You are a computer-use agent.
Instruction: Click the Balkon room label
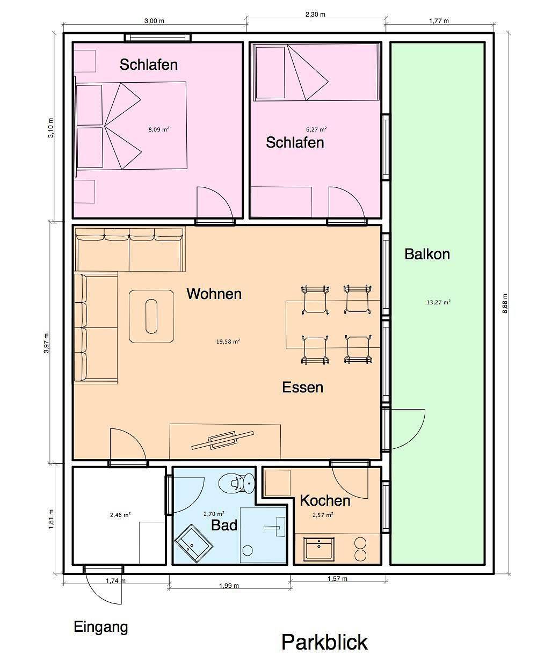coord(427,254)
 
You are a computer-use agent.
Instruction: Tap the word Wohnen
coord(214,294)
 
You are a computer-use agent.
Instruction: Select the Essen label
coord(303,388)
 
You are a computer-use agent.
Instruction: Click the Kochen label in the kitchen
coord(325,501)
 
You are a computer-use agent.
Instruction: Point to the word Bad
coord(224,525)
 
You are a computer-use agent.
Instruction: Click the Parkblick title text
coord(324,642)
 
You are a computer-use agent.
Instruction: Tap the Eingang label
coord(101,628)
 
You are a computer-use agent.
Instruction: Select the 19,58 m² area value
coord(228,341)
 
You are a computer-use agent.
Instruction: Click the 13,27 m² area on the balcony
coord(439,302)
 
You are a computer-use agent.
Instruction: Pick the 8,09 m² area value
coord(159,129)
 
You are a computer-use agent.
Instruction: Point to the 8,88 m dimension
coord(505,303)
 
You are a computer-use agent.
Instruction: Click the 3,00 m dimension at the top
coord(154,21)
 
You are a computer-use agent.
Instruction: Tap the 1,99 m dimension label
coord(229,586)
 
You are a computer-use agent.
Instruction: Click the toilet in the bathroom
coord(237,483)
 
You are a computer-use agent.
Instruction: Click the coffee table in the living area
coord(151,316)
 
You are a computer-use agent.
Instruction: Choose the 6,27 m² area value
coord(316,129)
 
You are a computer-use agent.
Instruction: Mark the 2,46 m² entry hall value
coord(120,515)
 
